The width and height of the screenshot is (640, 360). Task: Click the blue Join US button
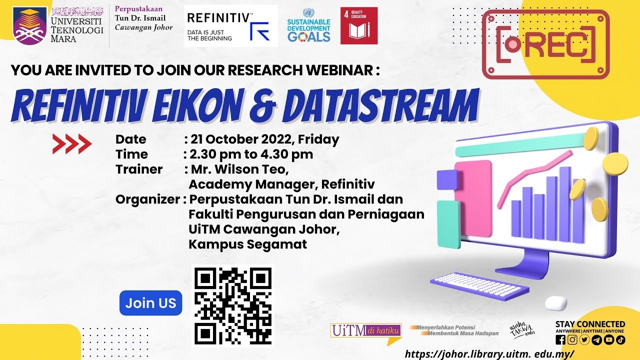click(150, 303)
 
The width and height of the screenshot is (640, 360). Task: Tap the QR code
click(233, 305)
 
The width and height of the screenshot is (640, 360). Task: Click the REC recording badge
click(546, 45)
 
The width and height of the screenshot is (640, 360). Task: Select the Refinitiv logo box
click(230, 26)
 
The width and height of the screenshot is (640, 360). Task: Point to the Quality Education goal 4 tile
click(358, 25)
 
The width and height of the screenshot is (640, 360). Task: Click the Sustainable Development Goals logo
click(309, 26)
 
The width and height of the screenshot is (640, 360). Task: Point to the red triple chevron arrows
click(72, 144)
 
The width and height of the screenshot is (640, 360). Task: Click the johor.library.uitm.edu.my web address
click(489, 353)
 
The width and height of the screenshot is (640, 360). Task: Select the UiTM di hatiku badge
click(366, 330)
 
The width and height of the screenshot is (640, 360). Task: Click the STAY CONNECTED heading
click(590, 324)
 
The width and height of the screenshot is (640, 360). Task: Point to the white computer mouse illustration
click(555, 302)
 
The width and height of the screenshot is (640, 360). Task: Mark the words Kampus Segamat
click(247, 244)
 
